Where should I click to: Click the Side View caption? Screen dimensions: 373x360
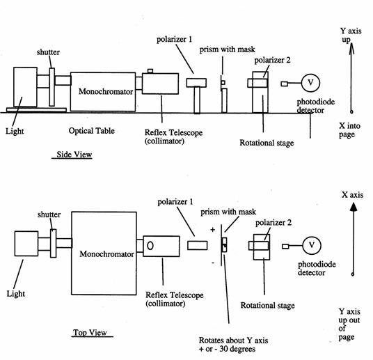tap(74, 155)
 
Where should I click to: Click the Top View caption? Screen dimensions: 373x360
tap(90, 332)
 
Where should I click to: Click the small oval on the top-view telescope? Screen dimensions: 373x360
tap(150, 246)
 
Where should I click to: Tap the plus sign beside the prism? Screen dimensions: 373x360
tap(213, 230)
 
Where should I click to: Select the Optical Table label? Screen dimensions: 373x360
tap(92, 131)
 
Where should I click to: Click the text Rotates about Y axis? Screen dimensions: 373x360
tap(233, 341)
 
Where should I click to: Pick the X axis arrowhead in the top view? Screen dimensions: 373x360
tap(354, 207)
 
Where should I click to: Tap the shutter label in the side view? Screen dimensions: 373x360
tap(48, 52)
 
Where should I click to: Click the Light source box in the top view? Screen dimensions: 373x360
tap(26, 244)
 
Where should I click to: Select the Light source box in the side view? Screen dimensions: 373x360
tap(25, 87)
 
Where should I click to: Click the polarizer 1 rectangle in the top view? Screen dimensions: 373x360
tap(197, 246)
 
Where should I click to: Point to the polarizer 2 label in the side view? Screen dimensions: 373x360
tap(272, 61)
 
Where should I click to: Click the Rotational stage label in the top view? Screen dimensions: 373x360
tap(268, 306)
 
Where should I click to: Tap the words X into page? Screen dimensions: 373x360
tap(349, 130)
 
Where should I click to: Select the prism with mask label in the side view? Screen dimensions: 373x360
tap(227, 49)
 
